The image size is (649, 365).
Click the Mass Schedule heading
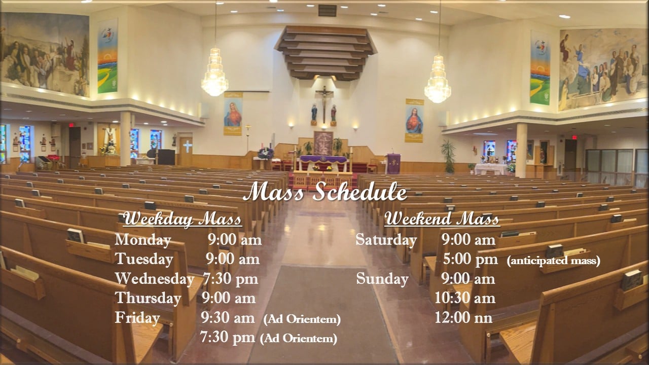pyautogui.click(x=325, y=192)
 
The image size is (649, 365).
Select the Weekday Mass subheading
pyautogui.click(x=182, y=219)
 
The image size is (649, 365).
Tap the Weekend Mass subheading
pyautogui.click(x=442, y=219)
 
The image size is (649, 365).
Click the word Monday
pyautogui.click(x=143, y=240)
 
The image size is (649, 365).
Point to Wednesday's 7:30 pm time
pyautogui.click(x=230, y=279)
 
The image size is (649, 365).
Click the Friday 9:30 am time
pyautogui.click(x=228, y=318)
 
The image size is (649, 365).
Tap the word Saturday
pyautogui.click(x=386, y=240)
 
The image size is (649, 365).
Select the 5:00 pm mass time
pyautogui.click(x=471, y=260)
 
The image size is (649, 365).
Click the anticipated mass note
pyautogui.click(x=554, y=261)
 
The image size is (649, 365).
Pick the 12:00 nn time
pyautogui.click(x=463, y=318)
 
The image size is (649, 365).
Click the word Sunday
pyautogui.click(x=382, y=279)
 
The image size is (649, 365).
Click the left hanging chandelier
pyautogui.click(x=214, y=72)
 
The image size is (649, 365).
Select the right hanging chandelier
pyautogui.click(x=438, y=79)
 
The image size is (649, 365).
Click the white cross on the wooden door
pyautogui.click(x=188, y=147)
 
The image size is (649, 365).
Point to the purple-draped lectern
pyautogui.click(x=394, y=164)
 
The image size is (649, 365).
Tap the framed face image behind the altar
pyautogui.click(x=323, y=143)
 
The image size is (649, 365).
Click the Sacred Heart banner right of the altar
pyautogui.click(x=414, y=121)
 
